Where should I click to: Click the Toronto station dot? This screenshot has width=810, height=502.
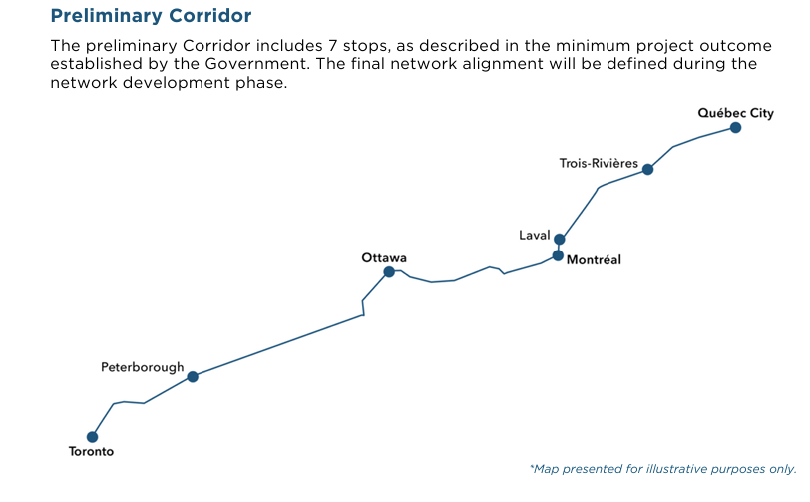92,436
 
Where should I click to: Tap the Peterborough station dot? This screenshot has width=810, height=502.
193,377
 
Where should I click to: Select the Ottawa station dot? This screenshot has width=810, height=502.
389,271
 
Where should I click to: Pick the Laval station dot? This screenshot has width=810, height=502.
560,239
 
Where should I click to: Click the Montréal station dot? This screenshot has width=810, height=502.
558,255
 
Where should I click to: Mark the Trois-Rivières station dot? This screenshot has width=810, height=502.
647,169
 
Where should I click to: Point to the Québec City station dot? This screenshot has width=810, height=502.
735,128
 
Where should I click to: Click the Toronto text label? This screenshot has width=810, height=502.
91,452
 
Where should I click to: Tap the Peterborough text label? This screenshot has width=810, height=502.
143,367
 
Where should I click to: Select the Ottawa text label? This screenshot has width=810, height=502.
384,257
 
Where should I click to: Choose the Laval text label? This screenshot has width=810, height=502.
534,235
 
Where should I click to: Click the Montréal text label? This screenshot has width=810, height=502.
594,260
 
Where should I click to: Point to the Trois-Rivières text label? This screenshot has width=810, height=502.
599,163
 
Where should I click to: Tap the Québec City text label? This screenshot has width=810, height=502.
735,113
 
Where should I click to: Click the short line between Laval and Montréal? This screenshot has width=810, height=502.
559,248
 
